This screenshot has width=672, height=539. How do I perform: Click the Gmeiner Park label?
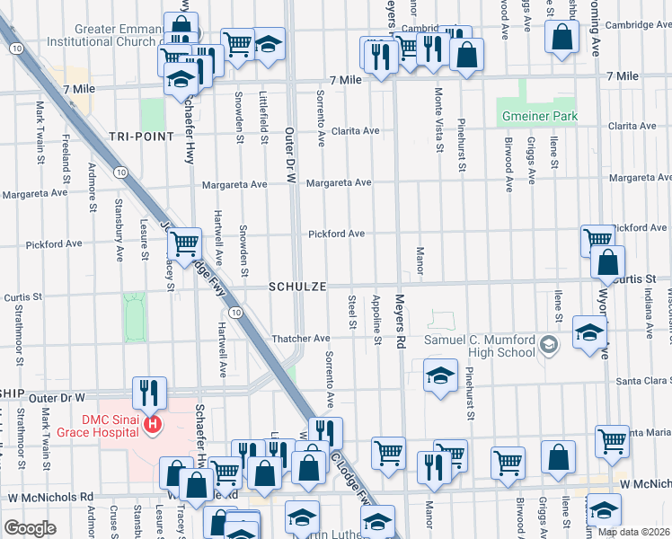538,117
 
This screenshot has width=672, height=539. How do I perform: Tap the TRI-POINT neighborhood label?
141,136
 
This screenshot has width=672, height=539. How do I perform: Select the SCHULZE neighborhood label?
294,286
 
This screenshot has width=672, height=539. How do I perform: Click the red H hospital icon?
154,423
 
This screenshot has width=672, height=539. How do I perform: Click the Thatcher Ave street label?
301,339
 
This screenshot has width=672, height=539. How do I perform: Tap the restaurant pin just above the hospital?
149,392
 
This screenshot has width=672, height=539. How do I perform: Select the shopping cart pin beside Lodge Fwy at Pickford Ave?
185,243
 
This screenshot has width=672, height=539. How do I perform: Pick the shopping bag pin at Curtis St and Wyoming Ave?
608,262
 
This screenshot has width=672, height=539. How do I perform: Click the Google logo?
30,528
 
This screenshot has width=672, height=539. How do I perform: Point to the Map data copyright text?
634,532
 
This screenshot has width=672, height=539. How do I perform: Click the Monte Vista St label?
438,122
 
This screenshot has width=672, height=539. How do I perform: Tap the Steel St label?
353,312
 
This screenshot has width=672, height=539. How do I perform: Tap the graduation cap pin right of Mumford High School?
588,334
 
